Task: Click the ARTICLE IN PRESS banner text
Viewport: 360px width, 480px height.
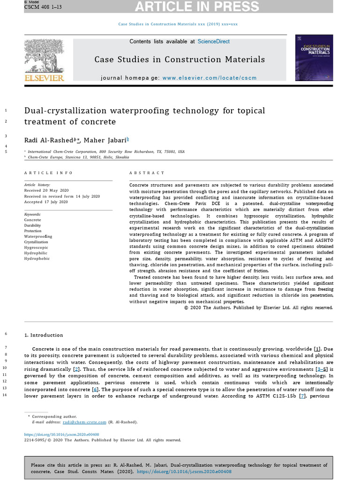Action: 197,7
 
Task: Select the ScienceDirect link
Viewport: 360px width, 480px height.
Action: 213,41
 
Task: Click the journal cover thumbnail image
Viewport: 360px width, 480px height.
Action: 314,58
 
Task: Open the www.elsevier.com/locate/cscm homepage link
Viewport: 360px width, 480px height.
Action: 210,78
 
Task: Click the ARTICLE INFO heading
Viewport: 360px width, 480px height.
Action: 49,173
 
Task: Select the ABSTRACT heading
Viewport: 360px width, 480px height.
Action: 147,173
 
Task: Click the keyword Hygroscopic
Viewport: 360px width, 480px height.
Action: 36,247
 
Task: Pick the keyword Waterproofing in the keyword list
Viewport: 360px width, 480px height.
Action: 38,236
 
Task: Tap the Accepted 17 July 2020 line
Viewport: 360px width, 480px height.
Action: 46,202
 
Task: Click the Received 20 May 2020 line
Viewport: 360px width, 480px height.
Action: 46,191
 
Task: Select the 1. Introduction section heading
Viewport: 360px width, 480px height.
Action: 44,335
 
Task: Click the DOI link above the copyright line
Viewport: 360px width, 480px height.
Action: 61,435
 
